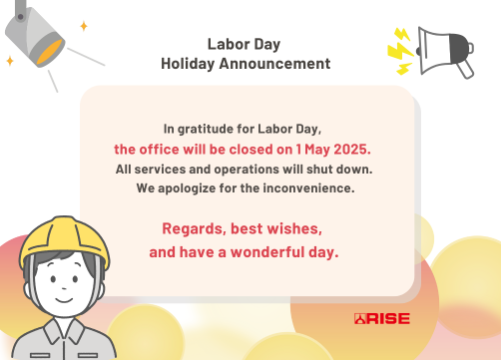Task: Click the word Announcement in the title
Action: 274,64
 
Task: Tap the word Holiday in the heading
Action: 188,64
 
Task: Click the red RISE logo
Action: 382,318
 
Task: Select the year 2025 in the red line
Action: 352,150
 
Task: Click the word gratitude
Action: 206,130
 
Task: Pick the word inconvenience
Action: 308,188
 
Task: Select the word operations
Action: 247,170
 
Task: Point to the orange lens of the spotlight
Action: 50,52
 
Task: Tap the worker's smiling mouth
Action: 64,300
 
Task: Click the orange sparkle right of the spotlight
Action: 84,26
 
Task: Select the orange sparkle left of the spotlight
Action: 10,61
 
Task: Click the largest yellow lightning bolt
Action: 401,52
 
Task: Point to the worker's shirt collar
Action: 63,331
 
